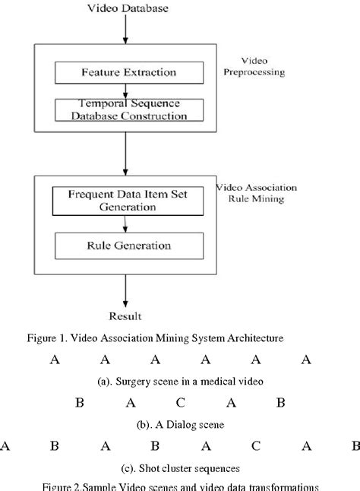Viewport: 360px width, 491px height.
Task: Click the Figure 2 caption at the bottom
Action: [x=180, y=486]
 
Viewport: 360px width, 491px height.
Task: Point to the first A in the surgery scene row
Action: [x=55, y=360]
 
